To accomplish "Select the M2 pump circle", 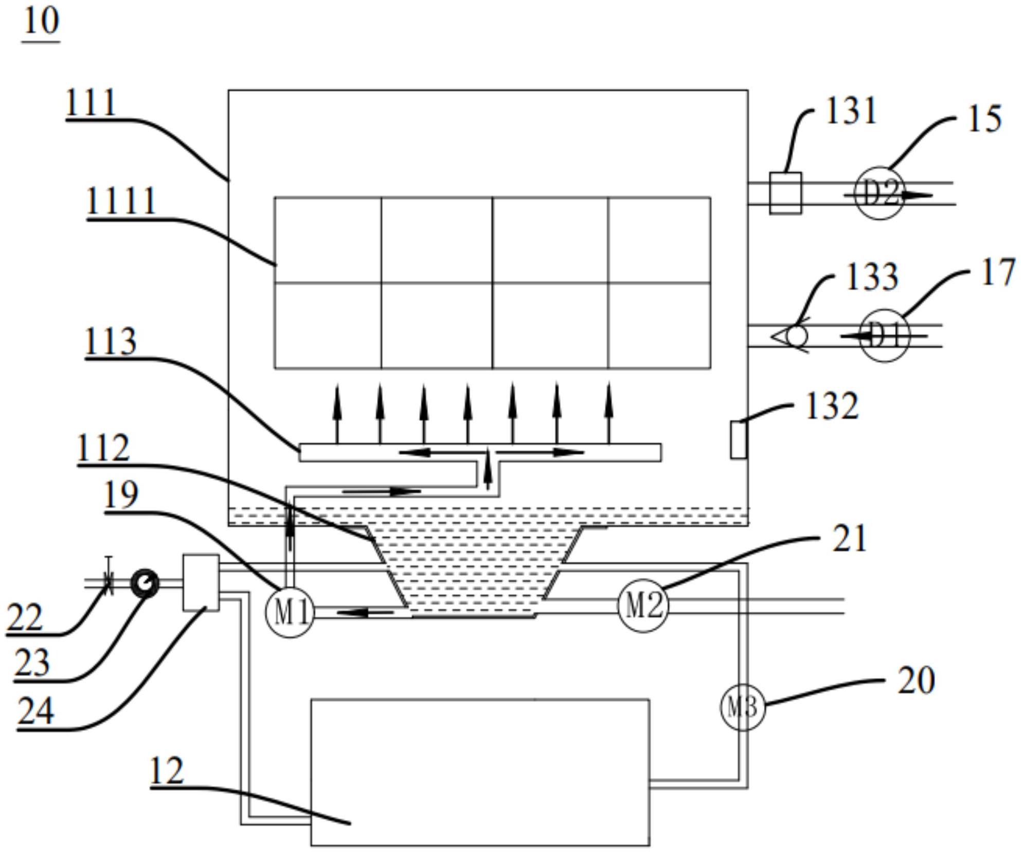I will click(x=643, y=605).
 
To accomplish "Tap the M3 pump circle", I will click(x=742, y=707).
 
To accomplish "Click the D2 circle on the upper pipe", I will click(x=879, y=193).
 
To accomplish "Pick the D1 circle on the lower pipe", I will click(x=885, y=335).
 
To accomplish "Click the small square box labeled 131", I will click(x=785, y=193).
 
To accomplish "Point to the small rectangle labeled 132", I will click(x=739, y=439).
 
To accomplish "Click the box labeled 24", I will click(x=201, y=582).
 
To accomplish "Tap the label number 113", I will click(x=110, y=341).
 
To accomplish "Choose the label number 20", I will click(x=916, y=681).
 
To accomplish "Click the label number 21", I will click(x=849, y=539).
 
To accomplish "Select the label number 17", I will click(x=997, y=273).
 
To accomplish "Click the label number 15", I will click(x=984, y=119).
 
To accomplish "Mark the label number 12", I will click(x=166, y=771).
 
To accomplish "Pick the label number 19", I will click(x=121, y=495).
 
